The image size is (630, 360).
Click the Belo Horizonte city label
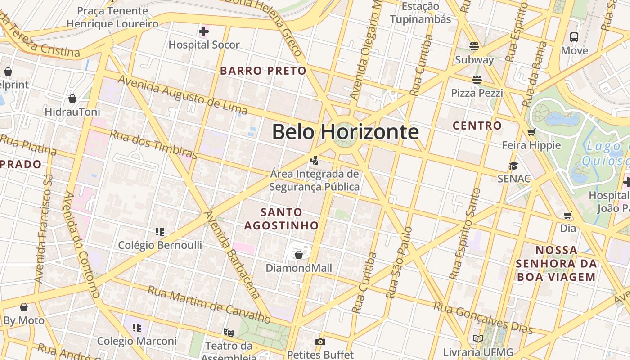(x=345, y=132)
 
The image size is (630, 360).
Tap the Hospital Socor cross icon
(x=204, y=31)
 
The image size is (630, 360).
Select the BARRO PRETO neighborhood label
(x=263, y=71)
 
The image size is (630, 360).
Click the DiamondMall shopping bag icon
(x=298, y=255)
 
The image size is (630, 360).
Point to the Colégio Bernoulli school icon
(x=160, y=232)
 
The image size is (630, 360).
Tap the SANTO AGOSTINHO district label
(x=282, y=219)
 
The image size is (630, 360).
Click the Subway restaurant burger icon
(x=474, y=46)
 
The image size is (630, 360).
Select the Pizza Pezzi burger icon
(x=477, y=80)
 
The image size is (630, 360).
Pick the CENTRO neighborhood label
(x=477, y=126)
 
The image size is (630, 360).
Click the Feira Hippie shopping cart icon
(x=531, y=132)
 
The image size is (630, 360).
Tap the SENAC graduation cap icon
(x=513, y=166)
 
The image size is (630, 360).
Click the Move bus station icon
(x=574, y=37)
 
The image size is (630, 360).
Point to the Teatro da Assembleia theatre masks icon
(x=229, y=333)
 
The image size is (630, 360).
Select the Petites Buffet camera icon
(x=320, y=342)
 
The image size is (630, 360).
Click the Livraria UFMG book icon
(x=478, y=338)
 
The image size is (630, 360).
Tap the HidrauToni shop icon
(x=72, y=98)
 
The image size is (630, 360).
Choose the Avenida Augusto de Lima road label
(x=183, y=95)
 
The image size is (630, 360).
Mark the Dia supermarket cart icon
(x=568, y=215)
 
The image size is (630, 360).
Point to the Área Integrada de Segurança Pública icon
(x=315, y=160)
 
